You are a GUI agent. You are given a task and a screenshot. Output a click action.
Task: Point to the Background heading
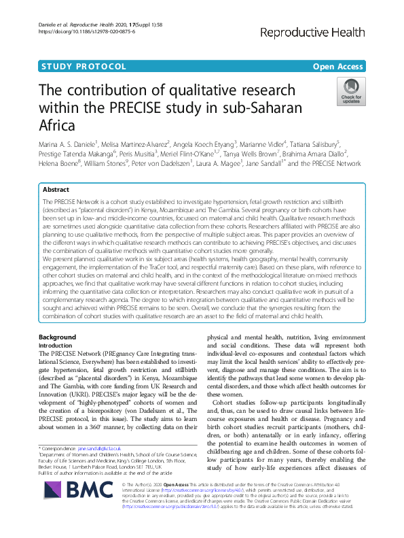[x=57, y=337]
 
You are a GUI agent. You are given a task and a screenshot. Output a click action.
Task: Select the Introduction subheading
[x=58, y=346]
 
